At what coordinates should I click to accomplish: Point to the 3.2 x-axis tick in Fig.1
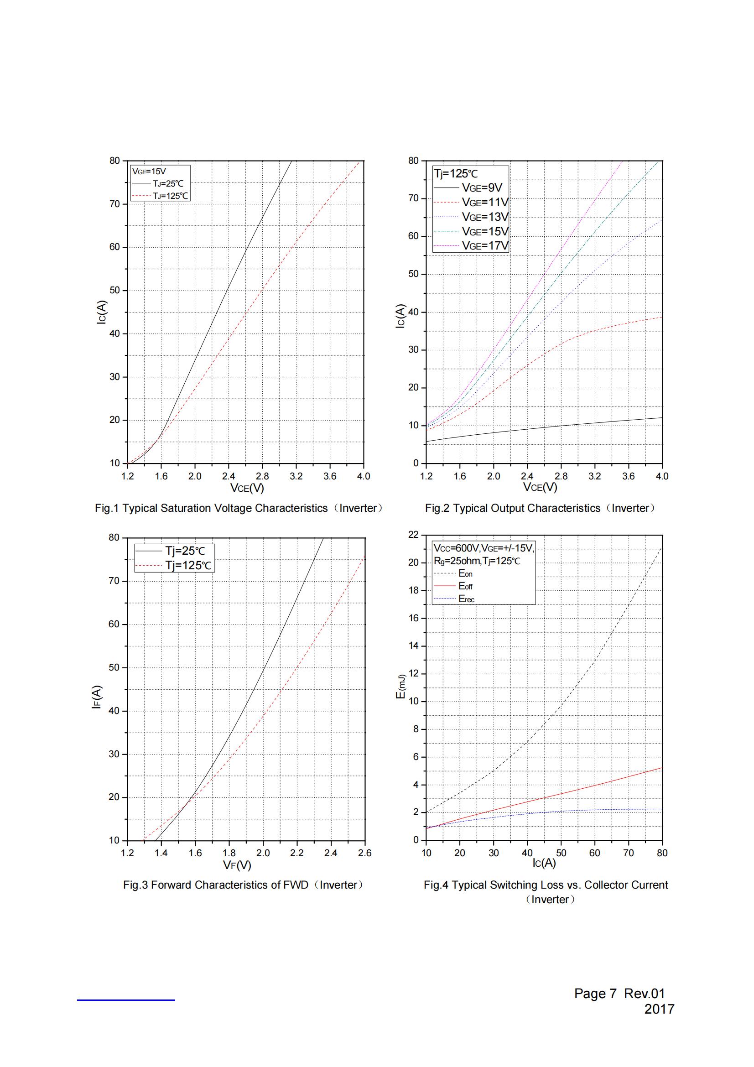pyautogui.click(x=296, y=476)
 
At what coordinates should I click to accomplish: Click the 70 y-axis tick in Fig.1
pyautogui.click(x=115, y=203)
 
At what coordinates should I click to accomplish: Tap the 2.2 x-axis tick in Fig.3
pyautogui.click(x=297, y=853)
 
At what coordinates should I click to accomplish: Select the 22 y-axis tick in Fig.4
pyautogui.click(x=413, y=535)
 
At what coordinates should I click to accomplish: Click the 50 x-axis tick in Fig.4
pyautogui.click(x=561, y=853)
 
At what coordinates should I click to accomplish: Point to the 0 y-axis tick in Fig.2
pyautogui.click(x=416, y=463)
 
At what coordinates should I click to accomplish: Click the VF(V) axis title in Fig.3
pyautogui.click(x=237, y=865)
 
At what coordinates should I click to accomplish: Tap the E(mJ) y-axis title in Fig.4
pyautogui.click(x=400, y=686)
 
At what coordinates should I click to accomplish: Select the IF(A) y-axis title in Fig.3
pyautogui.click(x=97, y=697)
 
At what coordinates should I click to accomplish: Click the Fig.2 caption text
pyautogui.click(x=540, y=508)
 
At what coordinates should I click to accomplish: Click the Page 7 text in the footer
pyautogui.click(x=595, y=993)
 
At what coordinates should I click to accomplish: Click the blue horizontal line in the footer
pyautogui.click(x=126, y=999)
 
